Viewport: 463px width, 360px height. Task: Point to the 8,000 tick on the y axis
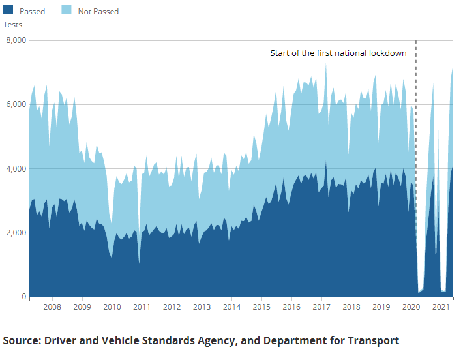(14, 40)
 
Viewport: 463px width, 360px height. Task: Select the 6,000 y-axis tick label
(14, 104)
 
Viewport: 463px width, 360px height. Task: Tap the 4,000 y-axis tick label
(14, 168)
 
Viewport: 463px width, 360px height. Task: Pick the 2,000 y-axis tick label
(14, 233)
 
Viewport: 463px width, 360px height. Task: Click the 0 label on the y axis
(23, 297)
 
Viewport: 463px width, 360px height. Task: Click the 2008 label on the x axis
(52, 307)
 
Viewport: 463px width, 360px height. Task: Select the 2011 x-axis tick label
(142, 307)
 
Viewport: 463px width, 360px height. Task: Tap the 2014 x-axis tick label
(231, 307)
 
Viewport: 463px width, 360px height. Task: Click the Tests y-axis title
(12, 25)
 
